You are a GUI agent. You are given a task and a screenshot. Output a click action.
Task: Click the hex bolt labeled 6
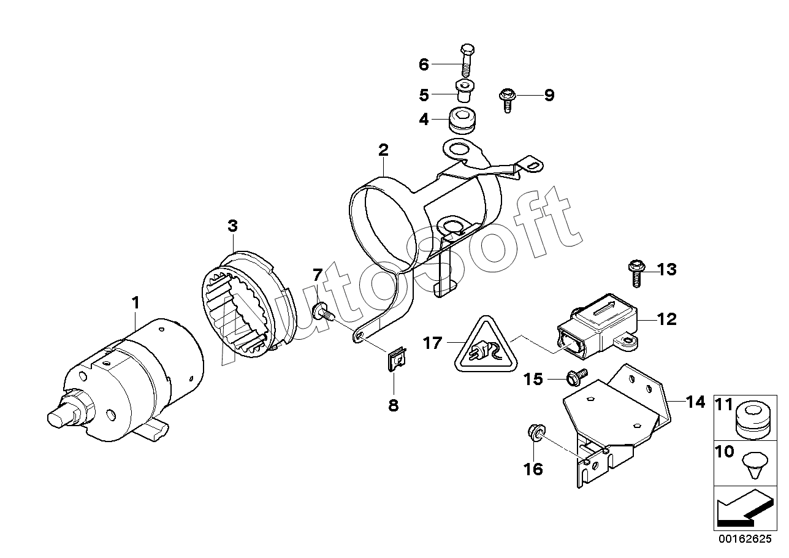467,60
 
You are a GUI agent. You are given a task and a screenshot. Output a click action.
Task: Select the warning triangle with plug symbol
486,346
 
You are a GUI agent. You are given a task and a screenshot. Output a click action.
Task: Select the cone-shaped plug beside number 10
754,465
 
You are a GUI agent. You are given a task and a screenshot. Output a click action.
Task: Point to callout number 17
433,343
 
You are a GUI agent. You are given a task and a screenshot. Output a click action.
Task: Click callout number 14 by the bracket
696,402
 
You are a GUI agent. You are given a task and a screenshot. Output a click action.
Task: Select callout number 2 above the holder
383,150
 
